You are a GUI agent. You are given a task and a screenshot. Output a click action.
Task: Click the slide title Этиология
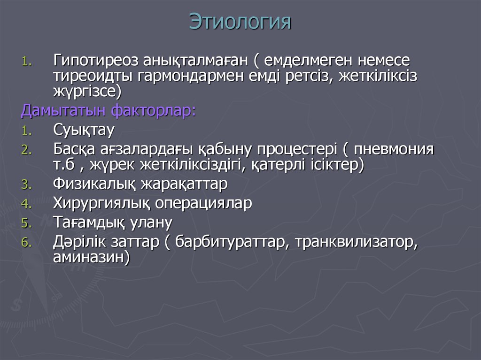[240, 22]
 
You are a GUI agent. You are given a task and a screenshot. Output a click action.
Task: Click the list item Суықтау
[84, 129]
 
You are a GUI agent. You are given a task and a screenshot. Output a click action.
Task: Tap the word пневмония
[394, 150]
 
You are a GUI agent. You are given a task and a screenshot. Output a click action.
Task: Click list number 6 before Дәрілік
[25, 243]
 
